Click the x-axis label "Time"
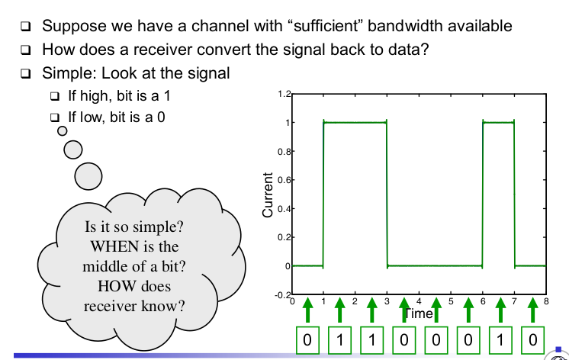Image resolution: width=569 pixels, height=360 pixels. click(418, 313)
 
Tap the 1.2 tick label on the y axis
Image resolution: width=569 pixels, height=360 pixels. click(283, 95)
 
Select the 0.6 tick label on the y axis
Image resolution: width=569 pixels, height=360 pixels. click(283, 180)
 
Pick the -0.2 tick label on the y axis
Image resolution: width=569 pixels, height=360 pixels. click(281, 295)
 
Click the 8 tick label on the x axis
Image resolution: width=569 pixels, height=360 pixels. click(546, 303)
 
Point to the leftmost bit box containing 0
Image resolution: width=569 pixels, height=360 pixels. click(307, 339)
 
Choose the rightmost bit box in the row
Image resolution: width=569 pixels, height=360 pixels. click(532, 339)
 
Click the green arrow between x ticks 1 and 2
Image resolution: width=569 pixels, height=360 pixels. click(339, 310)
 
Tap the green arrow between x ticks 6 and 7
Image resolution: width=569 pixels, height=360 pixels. click(500, 310)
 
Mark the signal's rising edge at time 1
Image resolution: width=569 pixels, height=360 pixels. click(323, 194)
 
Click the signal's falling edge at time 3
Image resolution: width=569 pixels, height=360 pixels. click(387, 194)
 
